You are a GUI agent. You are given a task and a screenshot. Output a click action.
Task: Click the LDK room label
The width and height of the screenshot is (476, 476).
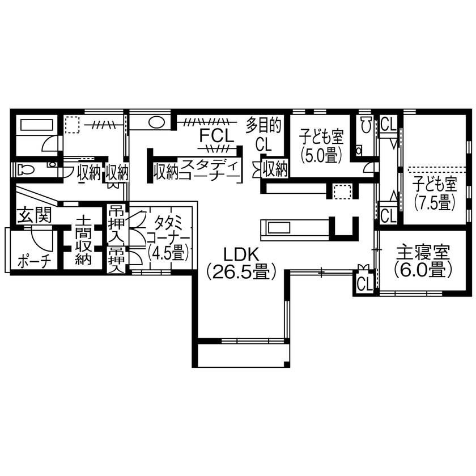coord(241,254)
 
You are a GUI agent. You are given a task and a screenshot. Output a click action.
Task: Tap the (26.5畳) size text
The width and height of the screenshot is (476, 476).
coord(241,272)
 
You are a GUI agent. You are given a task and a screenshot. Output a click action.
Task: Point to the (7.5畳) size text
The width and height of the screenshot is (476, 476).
coord(435,202)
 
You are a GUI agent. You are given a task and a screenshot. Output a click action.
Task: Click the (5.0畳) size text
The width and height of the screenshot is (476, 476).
coord(322,154)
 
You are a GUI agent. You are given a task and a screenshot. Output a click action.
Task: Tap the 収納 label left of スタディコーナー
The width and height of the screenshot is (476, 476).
coord(166,169)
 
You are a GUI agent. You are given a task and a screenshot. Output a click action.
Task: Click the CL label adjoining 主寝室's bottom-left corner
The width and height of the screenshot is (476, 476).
coord(364,282)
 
